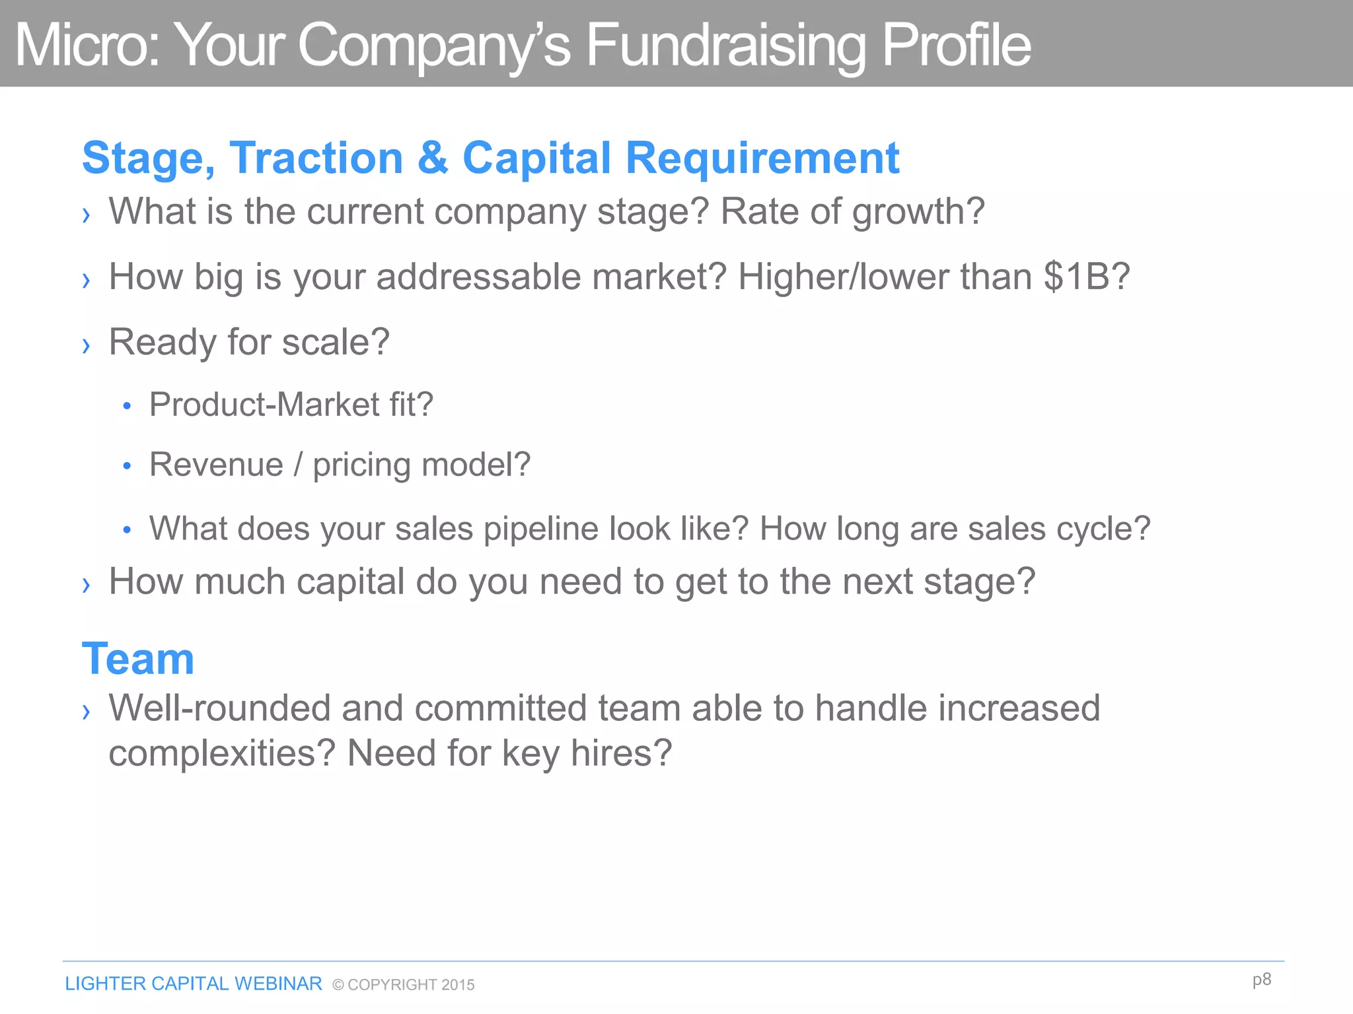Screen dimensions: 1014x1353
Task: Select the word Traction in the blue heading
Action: click(316, 158)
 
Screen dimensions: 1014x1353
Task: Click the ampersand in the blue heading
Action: click(433, 158)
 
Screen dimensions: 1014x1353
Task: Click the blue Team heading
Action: click(138, 659)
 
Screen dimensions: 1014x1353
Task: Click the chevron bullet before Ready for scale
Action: click(86, 345)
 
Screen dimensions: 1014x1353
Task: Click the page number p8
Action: click(1261, 979)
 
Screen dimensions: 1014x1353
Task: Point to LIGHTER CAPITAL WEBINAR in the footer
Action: click(194, 984)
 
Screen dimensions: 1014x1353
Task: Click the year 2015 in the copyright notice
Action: click(458, 985)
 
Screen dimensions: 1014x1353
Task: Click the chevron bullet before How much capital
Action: click(86, 584)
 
